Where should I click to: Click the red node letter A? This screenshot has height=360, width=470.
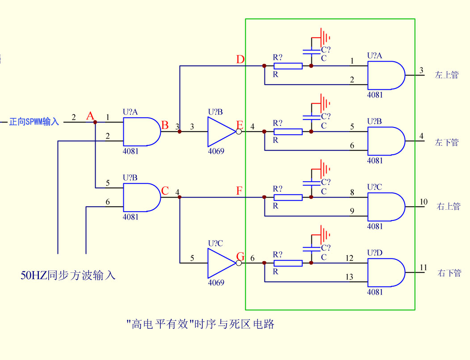coord(90,117)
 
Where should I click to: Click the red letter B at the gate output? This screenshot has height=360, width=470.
coord(164,125)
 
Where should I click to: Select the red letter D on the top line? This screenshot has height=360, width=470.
coord(240,59)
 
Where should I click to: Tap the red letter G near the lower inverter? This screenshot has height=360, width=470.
coord(240,257)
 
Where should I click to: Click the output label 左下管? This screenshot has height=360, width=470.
coord(446,143)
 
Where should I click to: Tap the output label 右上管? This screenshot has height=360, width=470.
coord(448,207)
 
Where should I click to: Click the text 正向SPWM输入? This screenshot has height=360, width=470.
coord(34,122)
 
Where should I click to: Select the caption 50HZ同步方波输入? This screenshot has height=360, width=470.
coord(68,275)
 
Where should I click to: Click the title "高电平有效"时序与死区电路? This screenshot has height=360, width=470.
coord(200,324)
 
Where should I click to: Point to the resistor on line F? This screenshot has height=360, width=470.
coord(288,197)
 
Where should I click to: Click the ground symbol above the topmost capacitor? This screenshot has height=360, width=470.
coord(324,35)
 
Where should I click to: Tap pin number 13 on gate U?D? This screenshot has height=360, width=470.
coord(349,277)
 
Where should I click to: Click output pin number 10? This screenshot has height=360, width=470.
coord(423,202)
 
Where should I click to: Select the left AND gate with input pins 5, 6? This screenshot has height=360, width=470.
coord(142,197)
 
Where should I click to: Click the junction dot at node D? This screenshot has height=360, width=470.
coord(264,66)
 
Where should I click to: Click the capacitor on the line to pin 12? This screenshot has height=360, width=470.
coord(311,247)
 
